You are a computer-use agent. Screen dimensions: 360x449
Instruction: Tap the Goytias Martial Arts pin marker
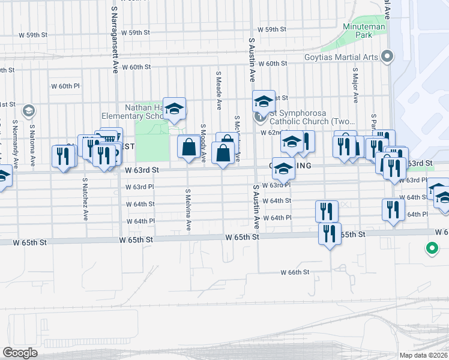[387, 58]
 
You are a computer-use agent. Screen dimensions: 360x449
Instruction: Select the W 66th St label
[295, 272]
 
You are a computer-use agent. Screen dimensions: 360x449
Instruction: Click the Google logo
[20, 353]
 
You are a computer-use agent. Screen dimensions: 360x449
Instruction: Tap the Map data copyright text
[423, 355]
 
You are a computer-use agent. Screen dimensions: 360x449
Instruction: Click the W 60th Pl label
[65, 86]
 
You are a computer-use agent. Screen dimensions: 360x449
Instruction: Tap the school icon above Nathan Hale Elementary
[174, 108]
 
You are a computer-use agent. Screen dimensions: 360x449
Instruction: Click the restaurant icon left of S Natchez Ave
[63, 156]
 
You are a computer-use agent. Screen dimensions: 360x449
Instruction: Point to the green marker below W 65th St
[431, 248]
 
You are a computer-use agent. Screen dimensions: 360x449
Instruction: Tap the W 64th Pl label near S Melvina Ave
[140, 221]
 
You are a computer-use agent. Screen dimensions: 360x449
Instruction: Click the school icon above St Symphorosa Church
[263, 100]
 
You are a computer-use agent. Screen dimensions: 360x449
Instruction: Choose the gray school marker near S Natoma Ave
[28, 111]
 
